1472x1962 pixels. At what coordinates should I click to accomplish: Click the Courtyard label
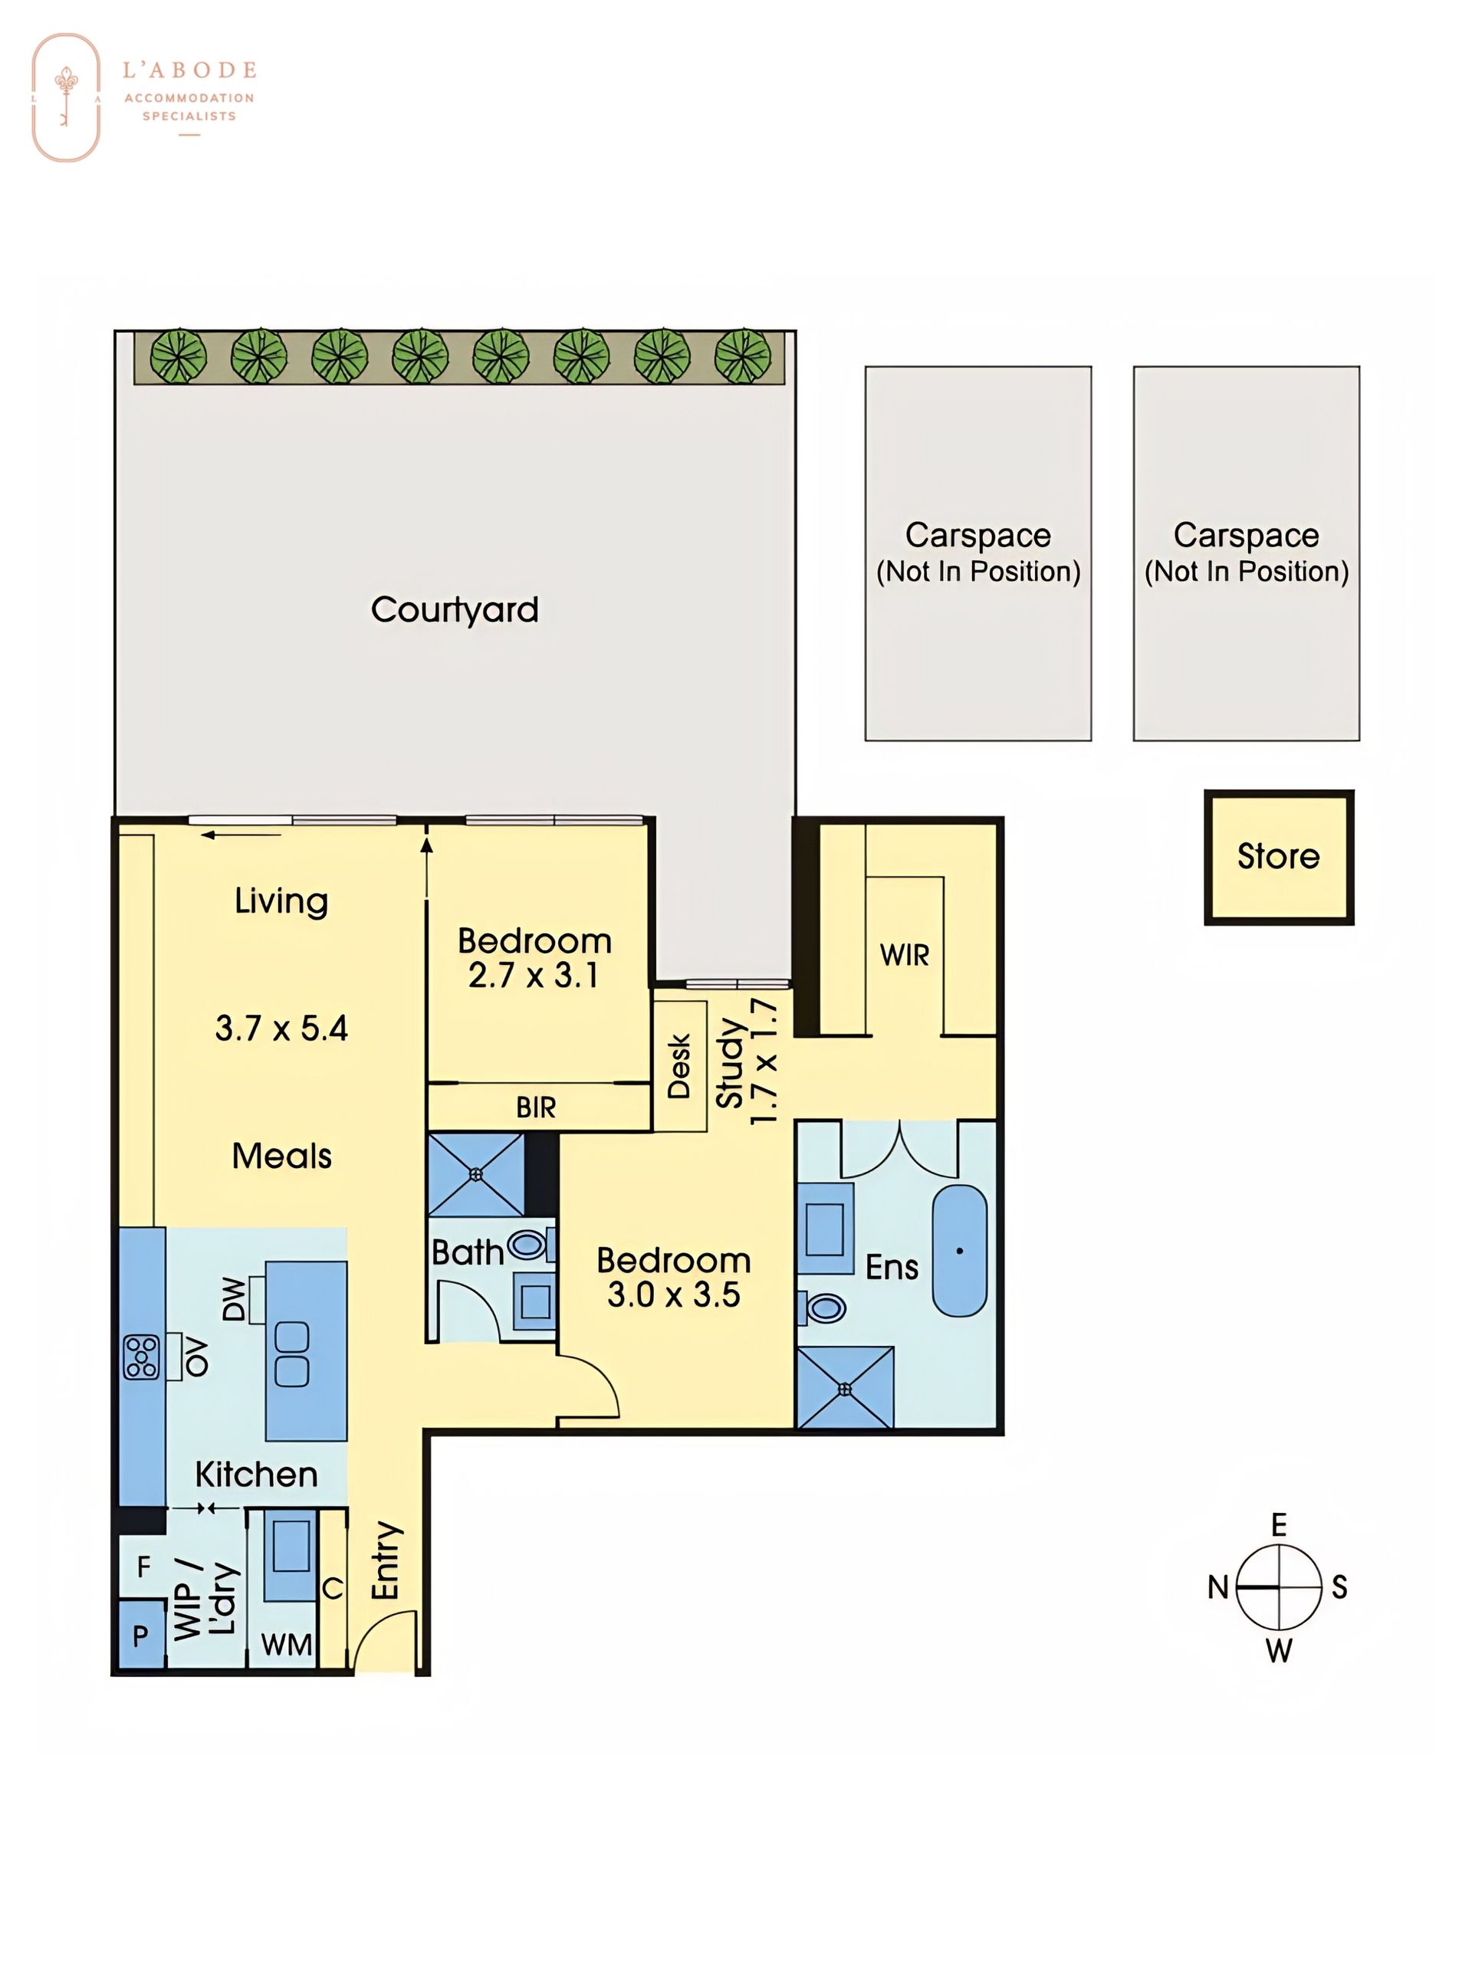455,610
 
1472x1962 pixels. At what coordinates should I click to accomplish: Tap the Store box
1279,857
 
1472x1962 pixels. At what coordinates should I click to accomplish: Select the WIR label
904,955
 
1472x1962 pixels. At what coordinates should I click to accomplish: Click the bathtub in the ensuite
959,1251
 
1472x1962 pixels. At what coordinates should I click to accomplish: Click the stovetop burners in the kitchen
141,1357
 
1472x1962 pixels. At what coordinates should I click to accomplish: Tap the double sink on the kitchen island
292,1354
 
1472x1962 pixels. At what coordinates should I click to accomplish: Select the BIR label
536,1107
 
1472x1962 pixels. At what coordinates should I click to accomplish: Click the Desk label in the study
678,1066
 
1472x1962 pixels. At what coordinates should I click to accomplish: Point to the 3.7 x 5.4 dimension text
281,1028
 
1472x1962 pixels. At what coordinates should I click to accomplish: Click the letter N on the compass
1218,1586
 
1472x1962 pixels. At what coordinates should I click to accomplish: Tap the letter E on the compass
1279,1524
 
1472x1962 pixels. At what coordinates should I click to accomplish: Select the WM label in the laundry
287,1645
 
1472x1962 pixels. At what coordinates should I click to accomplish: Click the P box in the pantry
141,1634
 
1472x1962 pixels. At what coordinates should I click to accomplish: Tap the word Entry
386,1561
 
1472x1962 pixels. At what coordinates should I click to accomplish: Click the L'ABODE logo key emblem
67,97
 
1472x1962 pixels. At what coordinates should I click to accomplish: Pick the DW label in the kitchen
232,1298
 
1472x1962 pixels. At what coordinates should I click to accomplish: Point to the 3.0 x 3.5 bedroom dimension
673,1294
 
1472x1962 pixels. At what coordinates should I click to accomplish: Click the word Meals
282,1156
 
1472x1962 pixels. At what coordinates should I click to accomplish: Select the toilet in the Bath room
526,1245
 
